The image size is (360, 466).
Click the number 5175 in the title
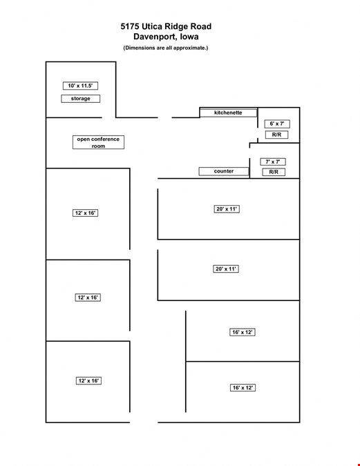pyautogui.click(x=130, y=26)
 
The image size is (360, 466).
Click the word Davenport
pyautogui.click(x=153, y=37)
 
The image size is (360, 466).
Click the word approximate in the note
pyautogui.click(x=189, y=48)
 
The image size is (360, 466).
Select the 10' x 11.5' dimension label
pyautogui.click(x=80, y=86)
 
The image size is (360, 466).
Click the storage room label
pyautogui.click(x=81, y=98)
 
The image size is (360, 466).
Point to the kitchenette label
pyautogui.click(x=228, y=113)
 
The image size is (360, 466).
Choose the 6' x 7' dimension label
pyautogui.click(x=277, y=124)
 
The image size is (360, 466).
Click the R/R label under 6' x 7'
pyautogui.click(x=276, y=135)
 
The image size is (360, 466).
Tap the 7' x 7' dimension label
pyautogui.click(x=273, y=162)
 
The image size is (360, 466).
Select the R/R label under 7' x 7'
pyautogui.click(x=274, y=172)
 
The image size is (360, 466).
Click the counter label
pyautogui.click(x=224, y=171)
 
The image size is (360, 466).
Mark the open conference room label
pyautogui.click(x=98, y=142)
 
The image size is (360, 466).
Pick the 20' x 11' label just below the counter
pyautogui.click(x=227, y=209)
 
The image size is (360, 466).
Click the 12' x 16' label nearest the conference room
pyautogui.click(x=86, y=213)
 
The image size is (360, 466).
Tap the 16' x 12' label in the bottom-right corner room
pyautogui.click(x=243, y=387)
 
